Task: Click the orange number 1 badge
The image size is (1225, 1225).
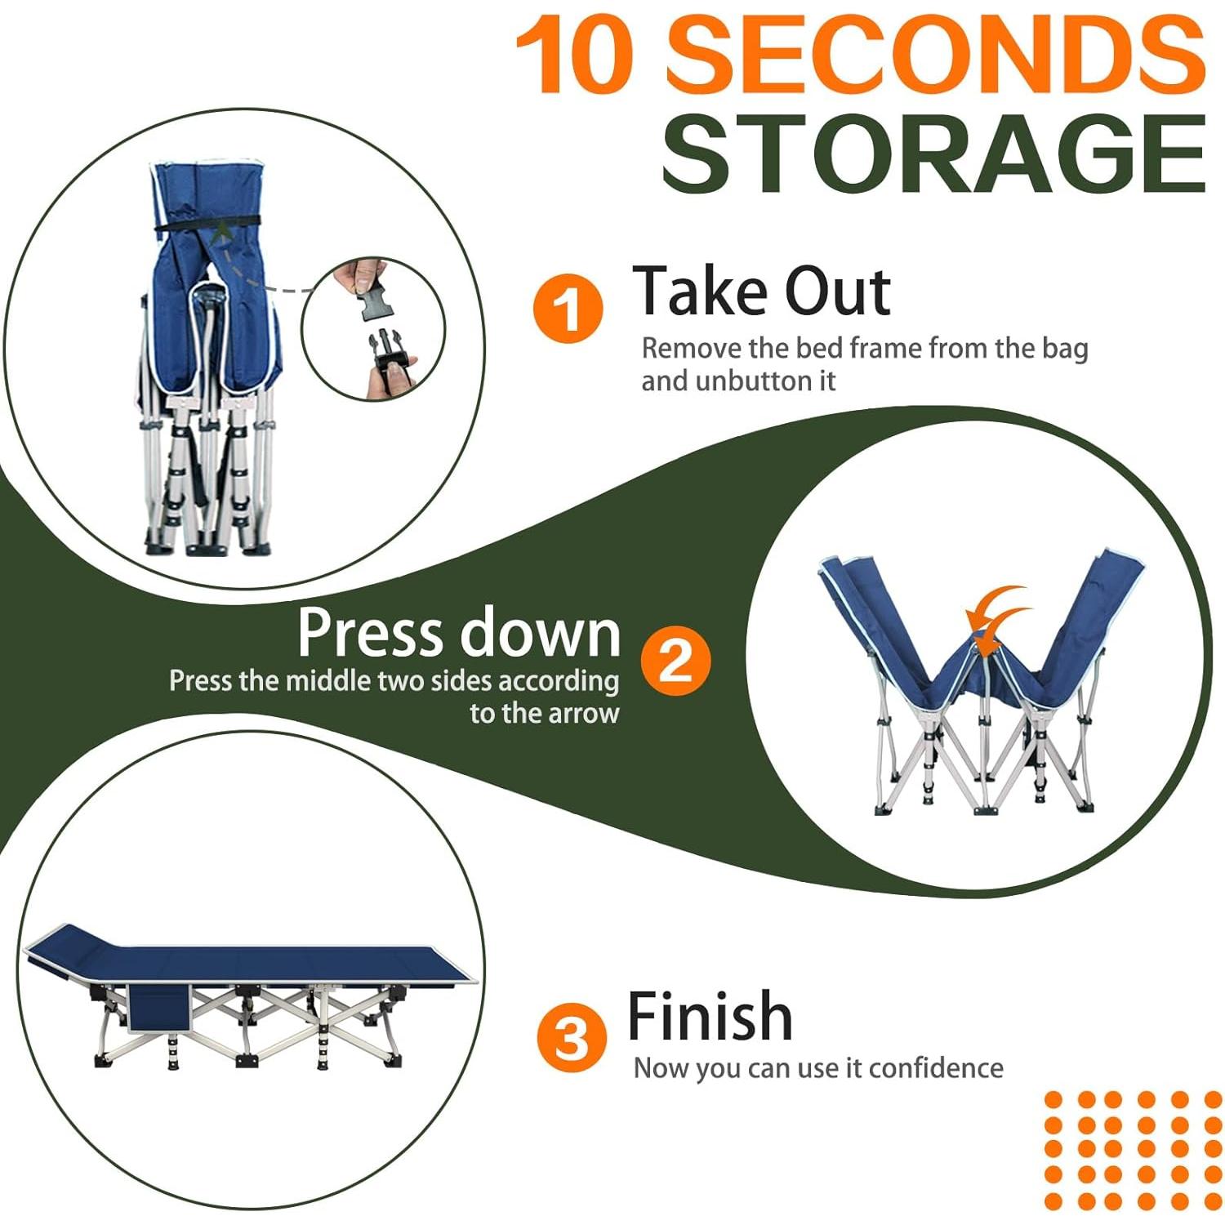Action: coord(568,309)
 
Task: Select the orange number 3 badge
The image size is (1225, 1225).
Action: coord(572,1038)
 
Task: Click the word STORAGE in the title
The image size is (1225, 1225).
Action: coord(933,153)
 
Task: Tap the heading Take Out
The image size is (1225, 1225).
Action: coord(762,291)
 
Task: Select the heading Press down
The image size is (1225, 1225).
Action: coord(459,632)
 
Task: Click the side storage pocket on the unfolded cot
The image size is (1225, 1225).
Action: coord(160,1006)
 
